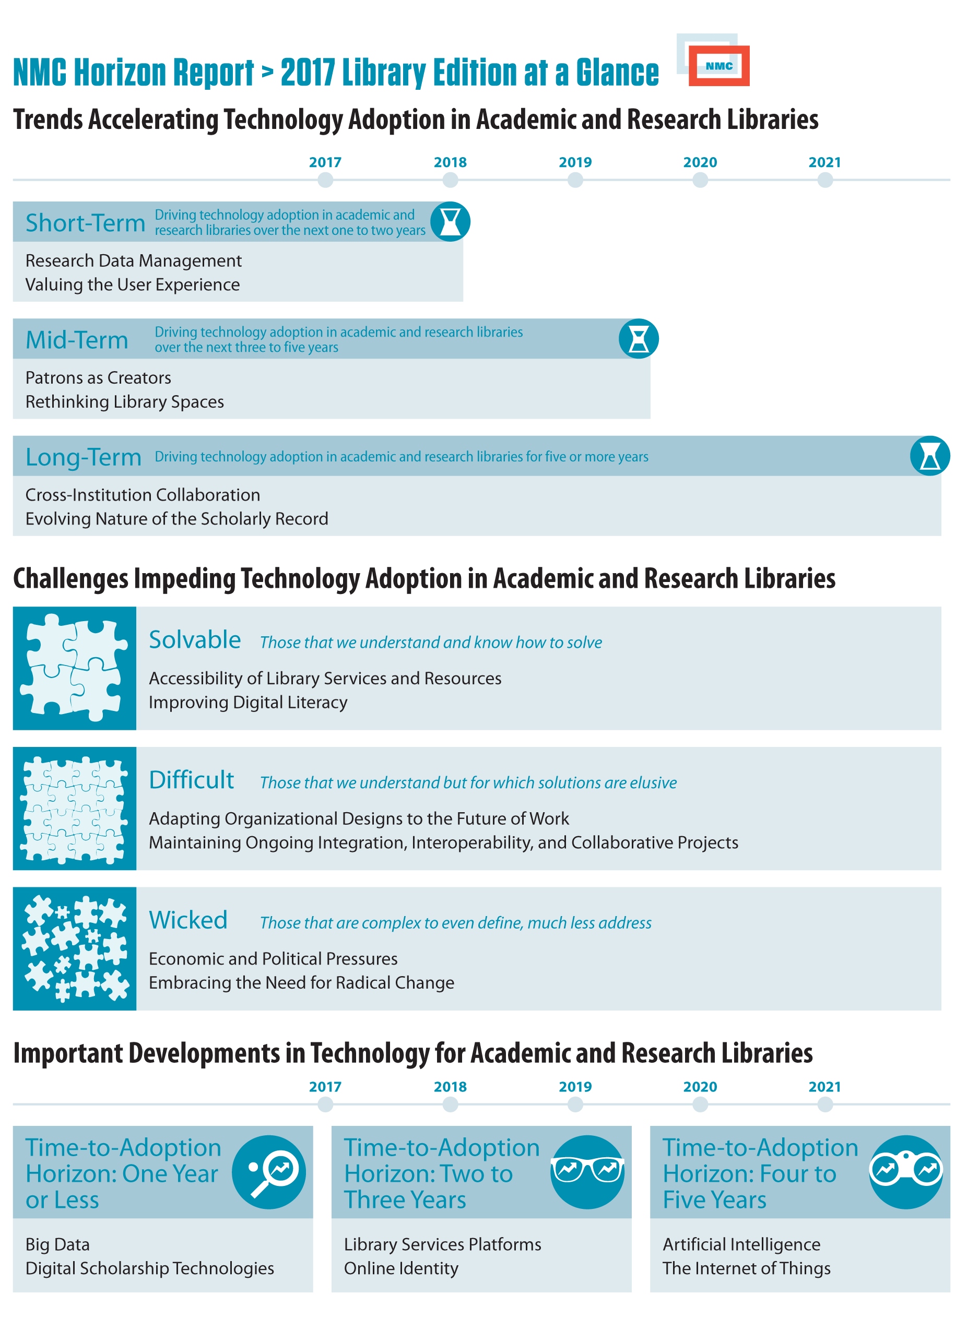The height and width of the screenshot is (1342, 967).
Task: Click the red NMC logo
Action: click(718, 66)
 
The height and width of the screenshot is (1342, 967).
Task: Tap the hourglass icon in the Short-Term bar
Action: click(451, 222)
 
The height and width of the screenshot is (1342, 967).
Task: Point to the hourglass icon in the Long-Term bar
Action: click(930, 456)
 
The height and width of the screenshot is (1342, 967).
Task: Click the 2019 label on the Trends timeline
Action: click(575, 162)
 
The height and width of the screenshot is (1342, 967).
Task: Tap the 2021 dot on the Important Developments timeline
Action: click(825, 1104)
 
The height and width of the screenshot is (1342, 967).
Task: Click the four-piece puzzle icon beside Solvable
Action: click(75, 668)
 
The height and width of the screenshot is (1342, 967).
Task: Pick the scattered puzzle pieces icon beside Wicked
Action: click(75, 948)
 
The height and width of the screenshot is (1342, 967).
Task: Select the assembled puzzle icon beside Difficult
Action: click(75, 808)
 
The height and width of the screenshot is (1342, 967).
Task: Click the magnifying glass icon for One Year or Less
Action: click(269, 1172)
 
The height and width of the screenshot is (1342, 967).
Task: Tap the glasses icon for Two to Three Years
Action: click(587, 1172)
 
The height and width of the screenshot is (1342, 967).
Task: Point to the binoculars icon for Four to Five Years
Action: click(906, 1172)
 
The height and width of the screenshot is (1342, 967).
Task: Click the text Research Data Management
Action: click(134, 261)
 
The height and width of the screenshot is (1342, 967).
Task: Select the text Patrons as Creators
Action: click(98, 377)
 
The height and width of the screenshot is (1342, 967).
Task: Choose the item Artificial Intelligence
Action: click(741, 1244)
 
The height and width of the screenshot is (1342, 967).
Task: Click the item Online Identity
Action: click(401, 1268)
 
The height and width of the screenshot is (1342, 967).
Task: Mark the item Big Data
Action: click(57, 1244)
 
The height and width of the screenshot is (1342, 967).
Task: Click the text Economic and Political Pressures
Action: click(273, 958)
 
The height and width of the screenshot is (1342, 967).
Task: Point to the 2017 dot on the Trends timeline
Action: click(325, 180)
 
